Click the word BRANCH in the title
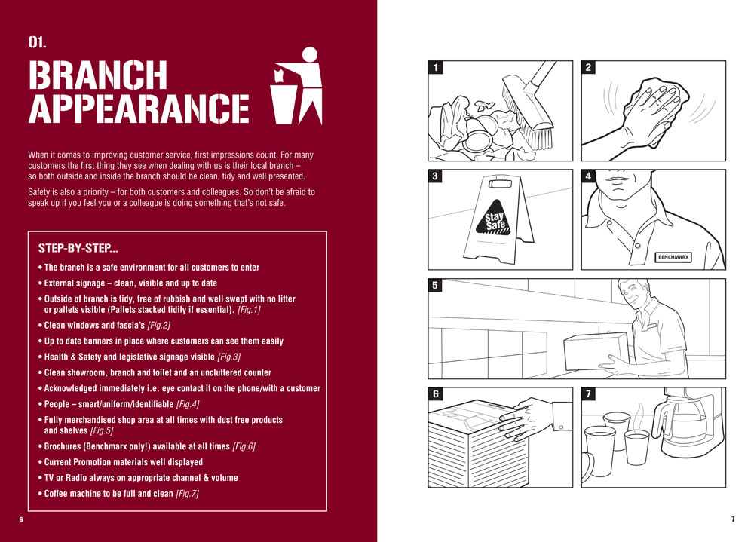(x=97, y=75)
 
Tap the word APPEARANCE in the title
(x=139, y=109)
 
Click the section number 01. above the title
(x=37, y=42)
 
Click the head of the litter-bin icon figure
(x=310, y=54)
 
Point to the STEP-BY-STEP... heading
(x=78, y=248)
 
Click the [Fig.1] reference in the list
(x=249, y=309)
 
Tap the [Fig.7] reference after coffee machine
(x=187, y=494)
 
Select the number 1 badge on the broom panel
(x=436, y=67)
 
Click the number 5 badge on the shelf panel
(x=435, y=285)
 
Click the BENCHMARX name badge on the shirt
(x=673, y=257)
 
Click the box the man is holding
(x=596, y=351)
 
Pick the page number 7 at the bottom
(x=733, y=519)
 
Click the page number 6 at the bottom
(x=21, y=519)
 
